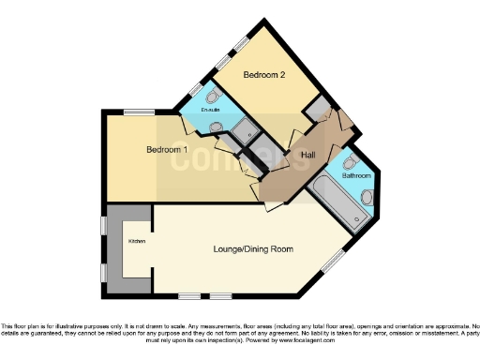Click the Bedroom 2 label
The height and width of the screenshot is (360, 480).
[263, 74]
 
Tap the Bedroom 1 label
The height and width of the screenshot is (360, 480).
[167, 150]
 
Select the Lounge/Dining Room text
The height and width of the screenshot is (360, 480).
[253, 249]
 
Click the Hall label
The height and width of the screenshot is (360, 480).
[307, 155]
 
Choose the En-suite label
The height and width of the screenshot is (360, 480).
[211, 111]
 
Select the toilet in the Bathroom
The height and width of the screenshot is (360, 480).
[367, 196]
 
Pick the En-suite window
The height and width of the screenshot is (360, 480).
[196, 89]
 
